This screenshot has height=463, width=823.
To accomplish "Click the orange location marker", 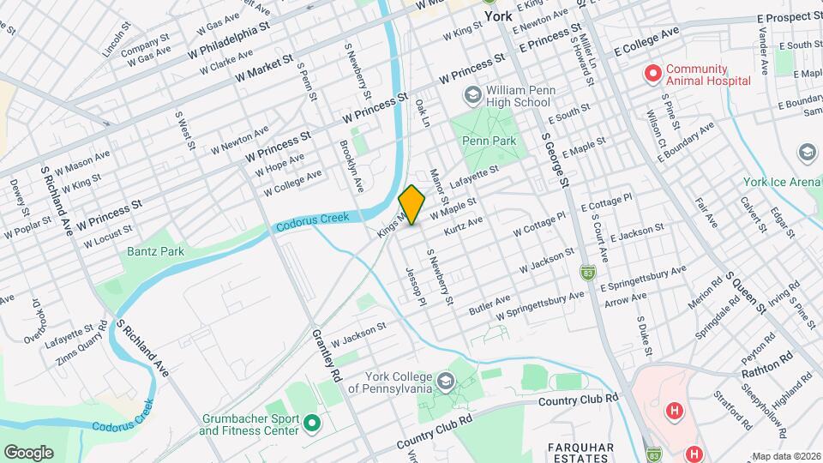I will (x=412, y=205).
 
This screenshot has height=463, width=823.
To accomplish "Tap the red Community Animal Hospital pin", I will (x=653, y=75).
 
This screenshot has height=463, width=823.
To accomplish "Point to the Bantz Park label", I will (x=155, y=251).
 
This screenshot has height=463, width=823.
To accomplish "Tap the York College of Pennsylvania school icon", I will (x=445, y=380).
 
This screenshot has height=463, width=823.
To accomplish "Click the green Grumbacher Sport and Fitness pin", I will (x=311, y=423).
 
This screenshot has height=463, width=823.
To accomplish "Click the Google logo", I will (x=28, y=452).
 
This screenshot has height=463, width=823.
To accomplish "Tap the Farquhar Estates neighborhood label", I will (x=580, y=452).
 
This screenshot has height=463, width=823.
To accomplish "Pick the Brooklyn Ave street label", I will (x=351, y=165).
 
